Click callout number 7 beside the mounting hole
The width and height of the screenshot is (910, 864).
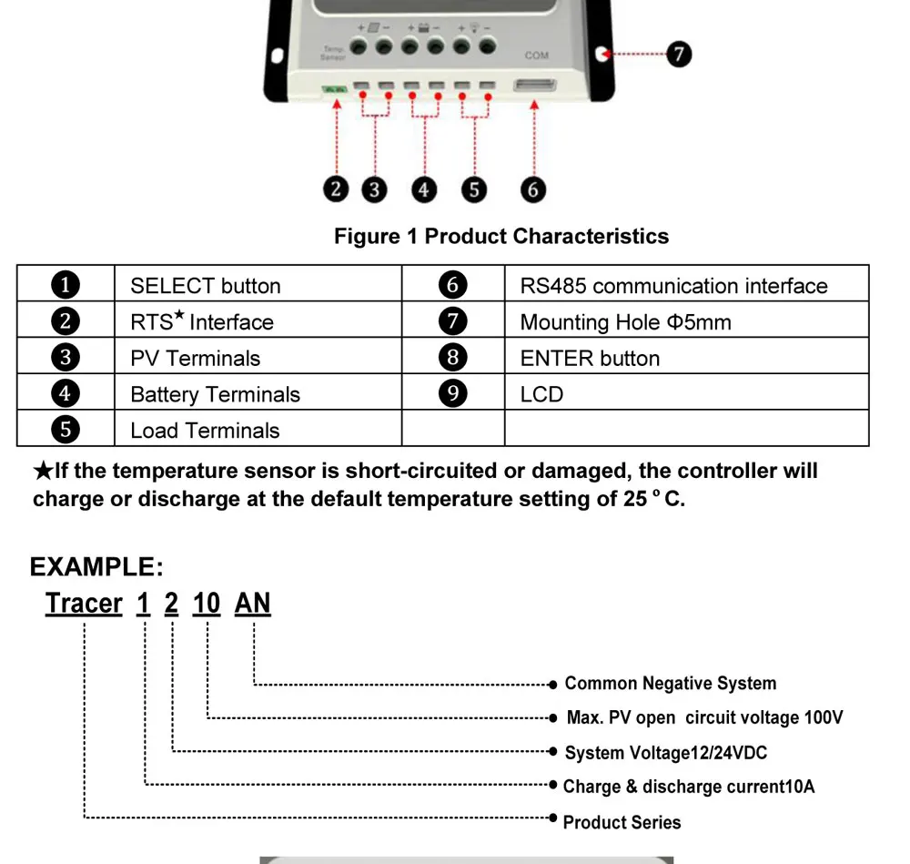(678, 54)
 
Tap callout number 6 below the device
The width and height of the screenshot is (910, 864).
(533, 189)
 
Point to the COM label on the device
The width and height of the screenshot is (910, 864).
(537, 56)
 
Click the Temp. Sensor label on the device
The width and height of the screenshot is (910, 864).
(333, 52)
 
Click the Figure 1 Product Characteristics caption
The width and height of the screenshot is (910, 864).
(500, 237)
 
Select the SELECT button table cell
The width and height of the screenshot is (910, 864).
(206, 286)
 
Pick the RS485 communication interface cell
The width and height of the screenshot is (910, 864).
(673, 286)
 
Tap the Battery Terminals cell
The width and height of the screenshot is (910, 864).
(215, 395)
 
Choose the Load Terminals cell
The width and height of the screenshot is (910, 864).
(205, 431)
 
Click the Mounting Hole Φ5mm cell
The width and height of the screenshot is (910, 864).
(625, 322)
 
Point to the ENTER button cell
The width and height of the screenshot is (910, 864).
(590, 359)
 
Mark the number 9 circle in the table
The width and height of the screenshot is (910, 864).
(452, 394)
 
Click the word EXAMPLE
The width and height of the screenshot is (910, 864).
(96, 567)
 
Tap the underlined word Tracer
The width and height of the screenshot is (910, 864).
(84, 604)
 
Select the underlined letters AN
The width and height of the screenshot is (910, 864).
(252, 604)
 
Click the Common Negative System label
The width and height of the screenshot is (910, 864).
(670, 684)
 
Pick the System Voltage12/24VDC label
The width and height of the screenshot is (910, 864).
(666, 753)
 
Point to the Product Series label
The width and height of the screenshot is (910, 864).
(622, 822)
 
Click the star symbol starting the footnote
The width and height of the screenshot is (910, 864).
(43, 472)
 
